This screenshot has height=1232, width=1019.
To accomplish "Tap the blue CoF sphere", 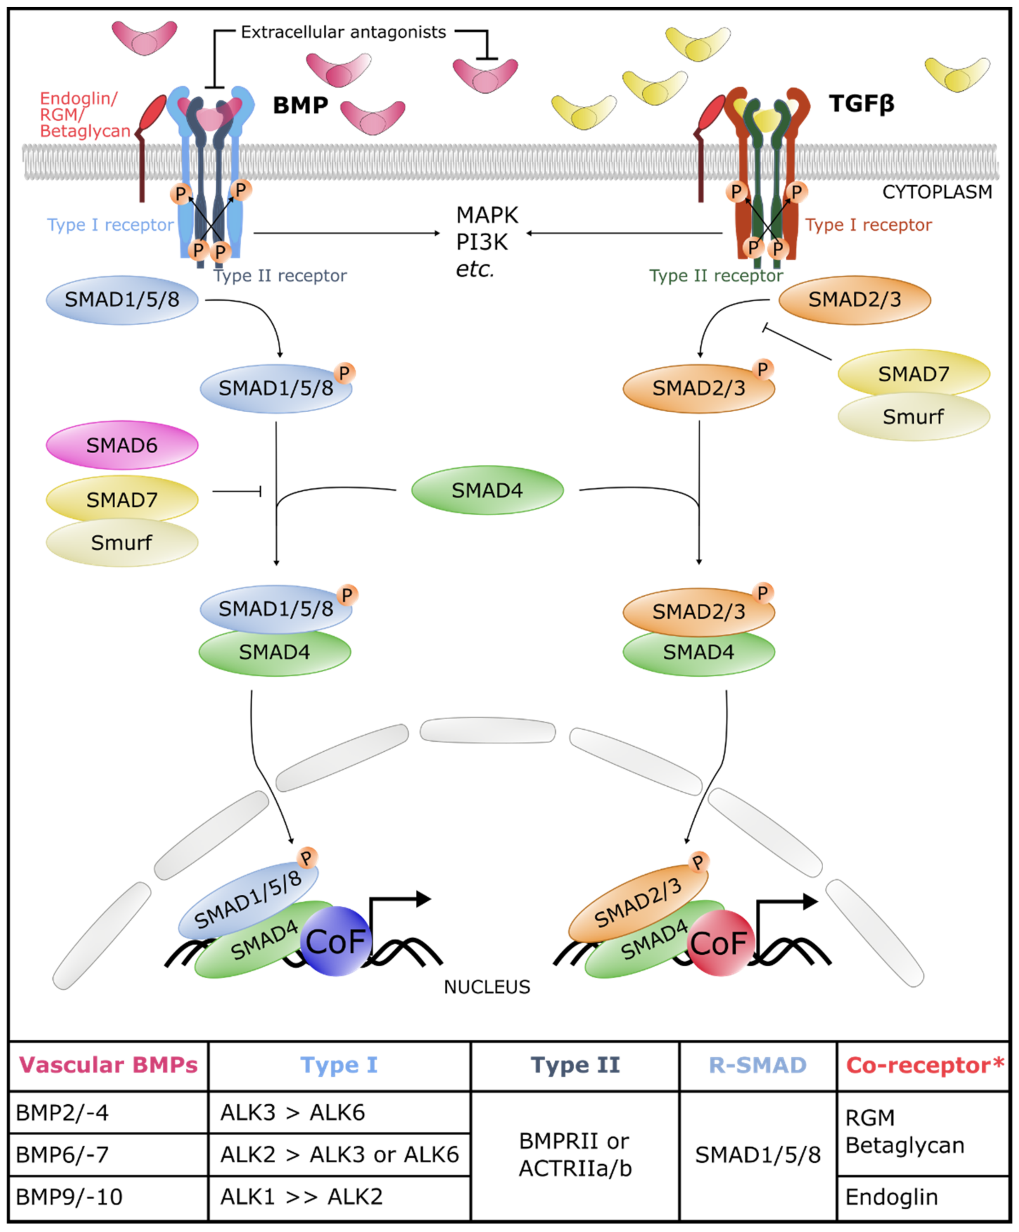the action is pyautogui.click(x=336, y=941).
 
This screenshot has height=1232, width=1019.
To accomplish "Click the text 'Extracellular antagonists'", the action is pyautogui.click(x=344, y=32).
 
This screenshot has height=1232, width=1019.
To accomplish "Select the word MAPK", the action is pyautogui.click(x=487, y=215).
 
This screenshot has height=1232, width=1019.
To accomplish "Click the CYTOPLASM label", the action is pyautogui.click(x=937, y=192).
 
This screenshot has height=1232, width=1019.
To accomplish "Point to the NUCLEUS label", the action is pyautogui.click(x=487, y=987).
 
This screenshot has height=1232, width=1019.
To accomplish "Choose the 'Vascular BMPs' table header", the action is pyautogui.click(x=108, y=1065).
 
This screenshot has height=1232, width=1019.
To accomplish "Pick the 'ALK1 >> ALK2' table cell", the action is pyautogui.click(x=301, y=1197).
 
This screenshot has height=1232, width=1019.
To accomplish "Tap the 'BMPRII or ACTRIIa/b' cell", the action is pyautogui.click(x=575, y=1155).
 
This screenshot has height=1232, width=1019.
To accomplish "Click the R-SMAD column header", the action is pyautogui.click(x=758, y=1065).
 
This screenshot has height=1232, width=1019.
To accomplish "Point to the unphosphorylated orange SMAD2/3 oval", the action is pyautogui.click(x=854, y=300).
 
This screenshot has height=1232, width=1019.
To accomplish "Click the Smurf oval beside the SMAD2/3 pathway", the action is pyautogui.click(x=913, y=417).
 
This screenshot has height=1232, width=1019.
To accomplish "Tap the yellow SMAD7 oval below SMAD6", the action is pyautogui.click(x=122, y=499).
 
